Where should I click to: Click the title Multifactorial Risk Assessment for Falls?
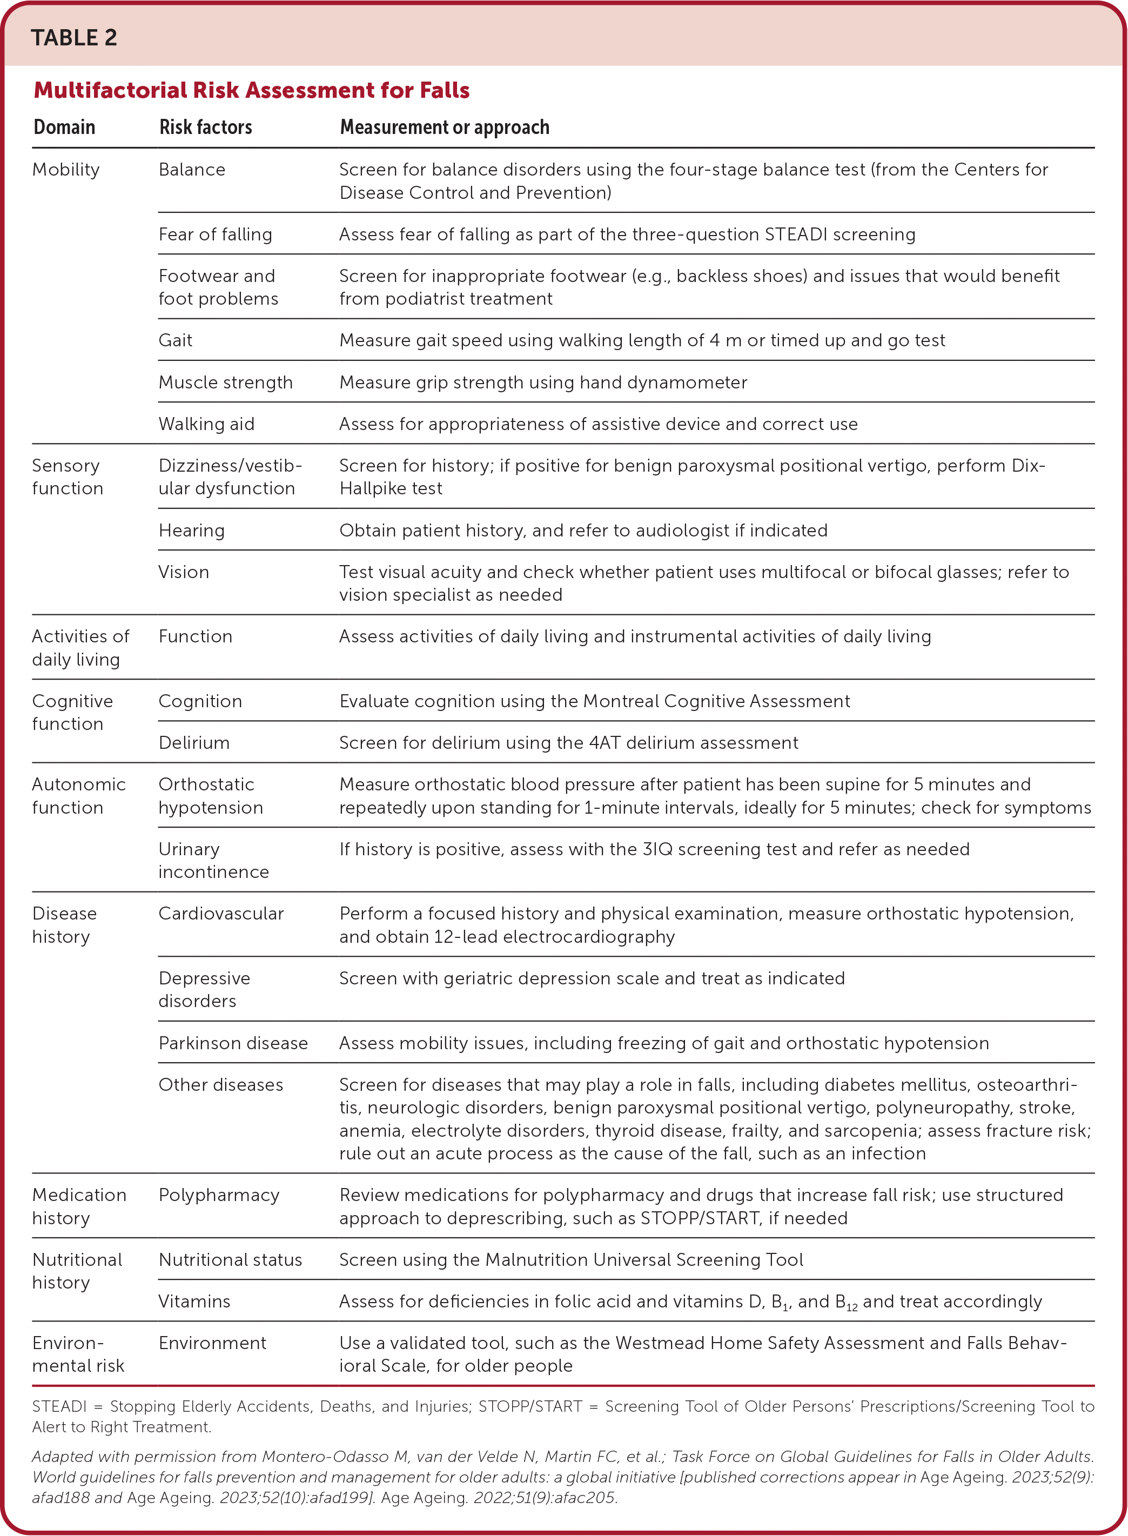pyautogui.click(x=251, y=90)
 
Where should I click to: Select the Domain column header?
pyautogui.click(x=64, y=127)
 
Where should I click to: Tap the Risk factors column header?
pyautogui.click(x=205, y=127)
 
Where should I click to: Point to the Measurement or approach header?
pyautogui.click(x=445, y=127)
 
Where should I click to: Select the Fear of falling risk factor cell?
pyautogui.click(x=215, y=234)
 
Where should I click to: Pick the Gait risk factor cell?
pyautogui.click(x=176, y=340)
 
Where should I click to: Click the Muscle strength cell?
pyautogui.click(x=225, y=383)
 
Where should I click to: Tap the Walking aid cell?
pyautogui.click(x=206, y=424)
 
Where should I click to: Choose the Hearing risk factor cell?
pyautogui.click(x=191, y=531)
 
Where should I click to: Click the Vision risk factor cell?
pyautogui.click(x=184, y=572)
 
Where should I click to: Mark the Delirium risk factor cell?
pyautogui.click(x=194, y=743)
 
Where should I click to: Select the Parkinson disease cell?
pyautogui.click(x=233, y=1043)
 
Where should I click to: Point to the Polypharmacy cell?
pyautogui.click(x=218, y=1195)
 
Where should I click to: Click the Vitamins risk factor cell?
pyautogui.click(x=194, y=1301)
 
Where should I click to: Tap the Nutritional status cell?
pyautogui.click(x=230, y=1259)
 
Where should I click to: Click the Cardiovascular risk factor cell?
pyautogui.click(x=220, y=914)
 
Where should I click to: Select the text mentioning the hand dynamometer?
pyautogui.click(x=543, y=383)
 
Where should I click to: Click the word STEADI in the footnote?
pyautogui.click(x=59, y=1406)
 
